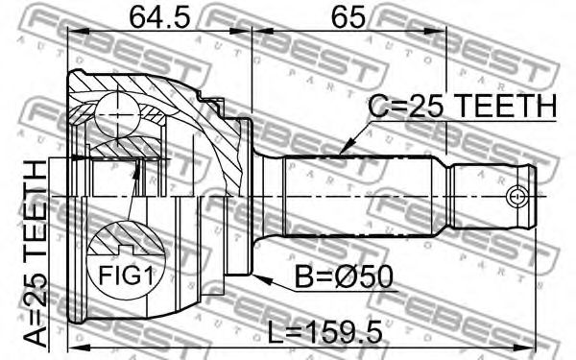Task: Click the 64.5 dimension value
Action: pyautogui.click(x=159, y=17)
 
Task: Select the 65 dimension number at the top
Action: pyautogui.click(x=348, y=17)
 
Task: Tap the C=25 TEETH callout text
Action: pyautogui.click(x=463, y=107)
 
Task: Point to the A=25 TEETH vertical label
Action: pyautogui.click(x=36, y=253)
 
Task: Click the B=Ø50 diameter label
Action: pyautogui.click(x=345, y=277)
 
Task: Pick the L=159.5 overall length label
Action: pyautogui.click(x=324, y=332)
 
